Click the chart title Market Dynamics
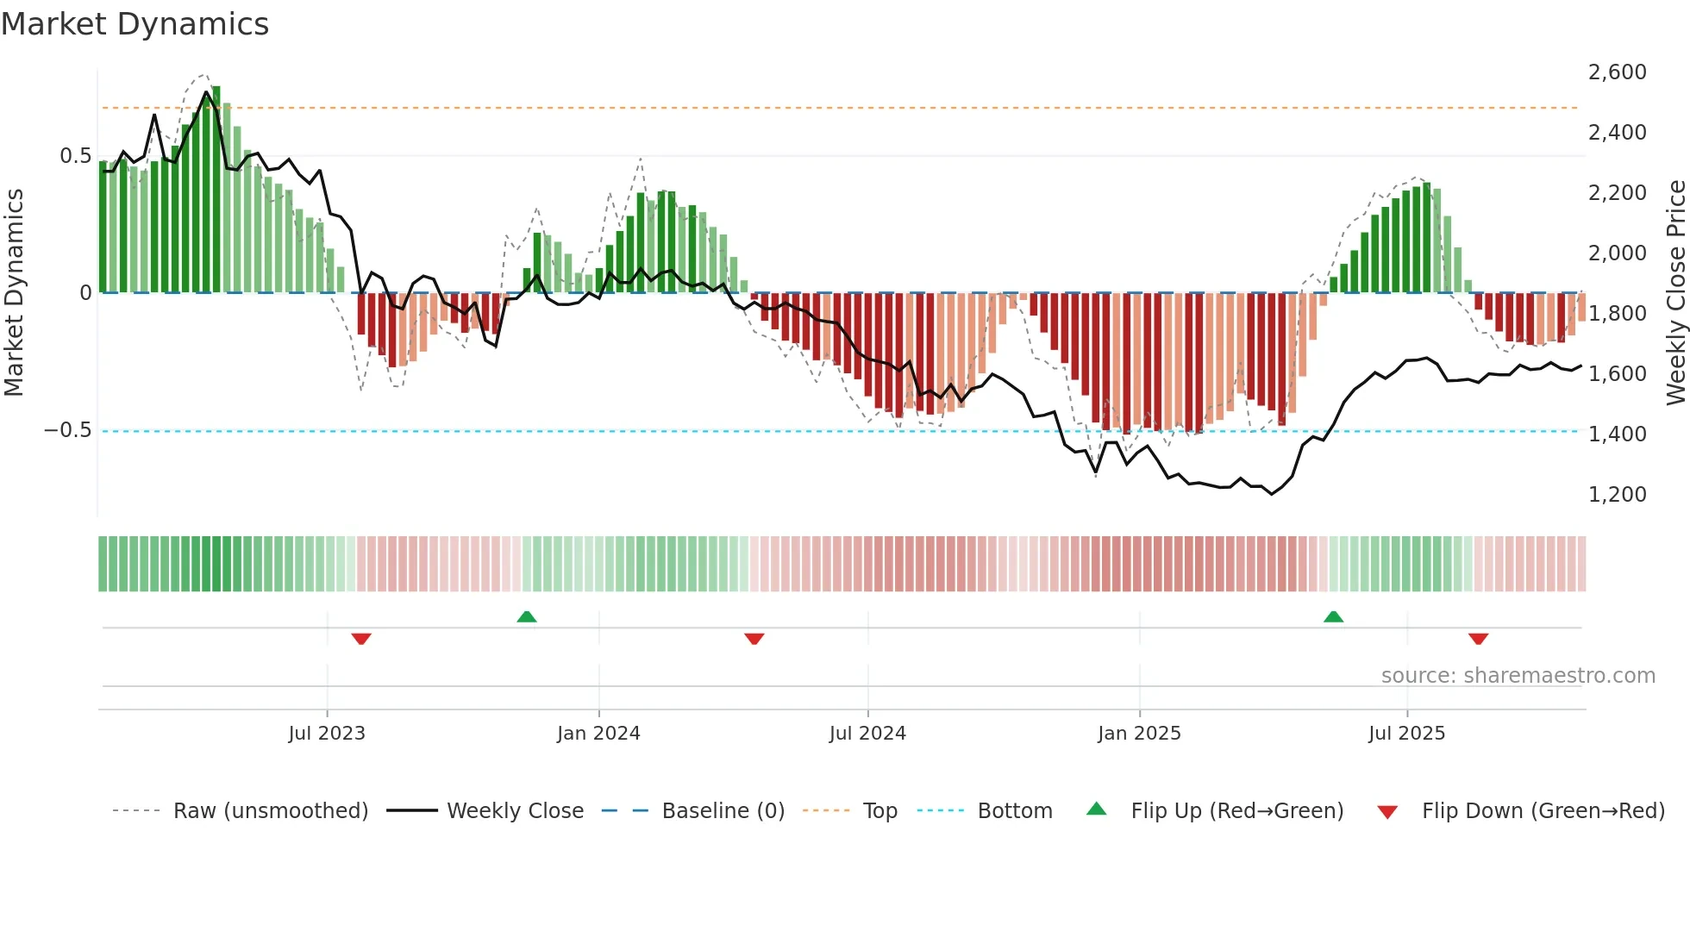coord(135,24)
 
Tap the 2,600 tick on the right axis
coord(1617,72)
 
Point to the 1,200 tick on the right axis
coord(1617,495)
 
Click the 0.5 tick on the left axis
coord(75,156)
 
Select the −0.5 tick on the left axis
coord(67,430)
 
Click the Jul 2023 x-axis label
coord(327,734)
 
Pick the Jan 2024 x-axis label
coord(598,734)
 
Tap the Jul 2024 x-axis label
coord(867,734)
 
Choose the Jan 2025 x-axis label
coord(1139,734)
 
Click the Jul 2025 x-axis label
coord(1406,734)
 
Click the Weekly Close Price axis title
coord(1675,292)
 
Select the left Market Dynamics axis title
coord(14,292)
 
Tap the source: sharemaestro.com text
coord(1518,676)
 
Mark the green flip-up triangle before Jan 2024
coord(527,616)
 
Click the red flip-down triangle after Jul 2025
coord(1478,639)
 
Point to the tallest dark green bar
coord(216,190)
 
